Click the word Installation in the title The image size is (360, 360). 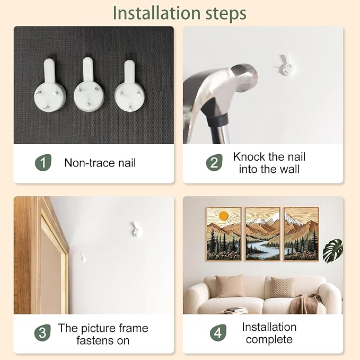coord(157,13)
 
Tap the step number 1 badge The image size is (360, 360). coord(43,163)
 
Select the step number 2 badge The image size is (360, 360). coord(214,163)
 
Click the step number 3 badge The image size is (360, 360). coord(42,332)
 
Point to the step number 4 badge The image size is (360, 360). coord(218,332)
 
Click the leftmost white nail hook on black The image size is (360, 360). coord(50,85)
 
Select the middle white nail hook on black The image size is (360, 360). coord(89,84)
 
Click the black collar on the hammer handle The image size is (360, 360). coord(217,120)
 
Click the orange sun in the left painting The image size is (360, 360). coord(223,216)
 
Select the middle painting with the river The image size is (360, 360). coord(263,234)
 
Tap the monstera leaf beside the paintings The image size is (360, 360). coord(333,251)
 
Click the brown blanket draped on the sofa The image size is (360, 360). coord(304,303)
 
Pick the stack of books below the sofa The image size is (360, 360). coord(235,310)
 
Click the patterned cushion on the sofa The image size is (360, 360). coord(283,287)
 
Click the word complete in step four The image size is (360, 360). coord(269,339)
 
